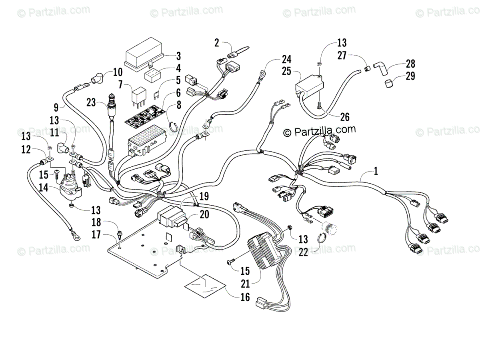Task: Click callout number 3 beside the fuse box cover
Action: pos(179,56)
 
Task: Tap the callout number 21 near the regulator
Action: pos(245,284)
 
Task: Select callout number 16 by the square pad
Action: pos(245,297)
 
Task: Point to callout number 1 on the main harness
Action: pos(376,171)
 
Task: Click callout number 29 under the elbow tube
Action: pos(410,76)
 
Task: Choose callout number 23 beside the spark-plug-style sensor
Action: pos(91,102)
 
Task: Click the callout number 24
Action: pos(286,59)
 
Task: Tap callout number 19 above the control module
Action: pos(204,196)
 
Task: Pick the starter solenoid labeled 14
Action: pos(69,192)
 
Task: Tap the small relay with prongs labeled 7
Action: pos(139,97)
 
